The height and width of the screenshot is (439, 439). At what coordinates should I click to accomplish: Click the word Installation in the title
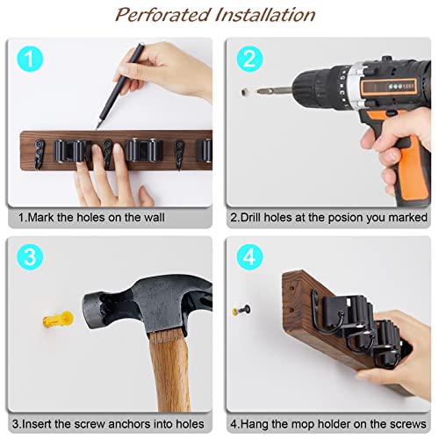click(x=263, y=15)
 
